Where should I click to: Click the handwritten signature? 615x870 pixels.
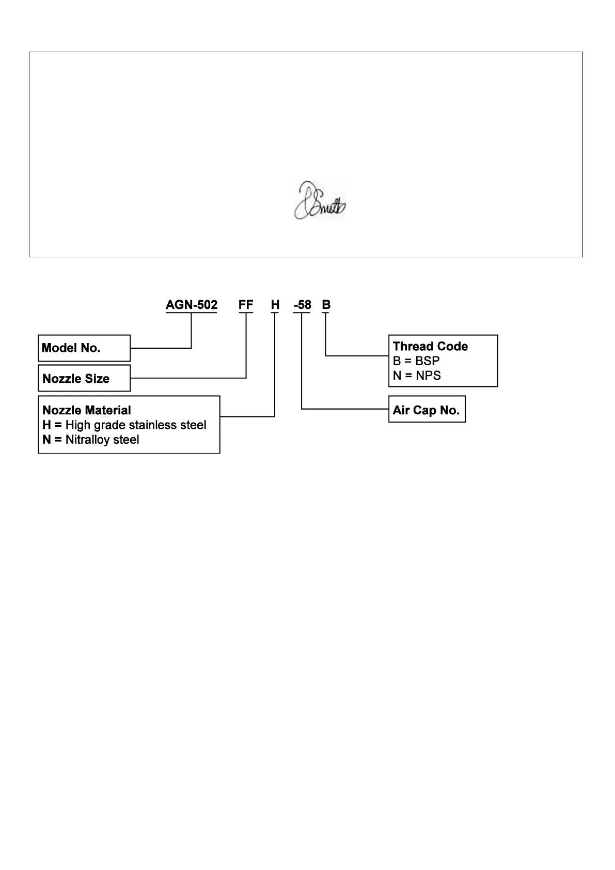(x=320, y=201)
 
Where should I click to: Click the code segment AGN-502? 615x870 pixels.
(x=192, y=305)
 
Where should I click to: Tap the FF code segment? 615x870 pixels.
(x=246, y=305)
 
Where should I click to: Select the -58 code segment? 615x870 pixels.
(x=303, y=305)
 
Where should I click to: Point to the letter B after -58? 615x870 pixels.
(x=326, y=305)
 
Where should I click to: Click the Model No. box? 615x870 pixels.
(x=84, y=348)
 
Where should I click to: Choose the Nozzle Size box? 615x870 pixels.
(x=84, y=379)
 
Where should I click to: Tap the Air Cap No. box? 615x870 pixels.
(x=427, y=410)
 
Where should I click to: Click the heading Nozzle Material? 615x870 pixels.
(x=87, y=410)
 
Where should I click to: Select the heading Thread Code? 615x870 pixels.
(x=430, y=346)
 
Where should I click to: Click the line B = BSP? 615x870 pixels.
(x=416, y=361)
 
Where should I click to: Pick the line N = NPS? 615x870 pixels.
(x=417, y=375)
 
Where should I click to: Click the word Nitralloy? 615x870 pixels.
(x=88, y=440)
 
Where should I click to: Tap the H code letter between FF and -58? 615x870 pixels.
(x=275, y=305)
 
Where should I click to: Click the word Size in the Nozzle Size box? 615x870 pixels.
(x=98, y=379)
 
